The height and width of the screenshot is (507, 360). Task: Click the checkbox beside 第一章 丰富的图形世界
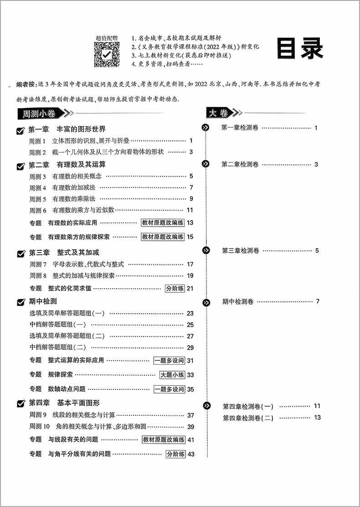pyautogui.click(x=21, y=131)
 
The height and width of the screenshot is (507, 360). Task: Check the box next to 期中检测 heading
pyautogui.click(x=21, y=302)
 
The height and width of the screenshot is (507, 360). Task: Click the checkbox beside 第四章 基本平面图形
pyautogui.click(x=21, y=404)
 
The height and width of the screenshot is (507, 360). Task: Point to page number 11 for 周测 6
pyautogui.click(x=190, y=210)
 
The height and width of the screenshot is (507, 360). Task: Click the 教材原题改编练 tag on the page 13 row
pyautogui.click(x=163, y=223)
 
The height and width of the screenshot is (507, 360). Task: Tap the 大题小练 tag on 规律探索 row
pyautogui.click(x=172, y=375)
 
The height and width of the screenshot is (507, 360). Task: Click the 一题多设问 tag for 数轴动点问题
pyautogui.click(x=169, y=389)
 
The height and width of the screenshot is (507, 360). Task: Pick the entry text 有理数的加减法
pyautogui.click(x=74, y=187)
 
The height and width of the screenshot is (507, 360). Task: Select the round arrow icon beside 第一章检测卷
pyautogui.click(x=206, y=128)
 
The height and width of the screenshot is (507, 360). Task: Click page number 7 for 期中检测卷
pyautogui.click(x=317, y=301)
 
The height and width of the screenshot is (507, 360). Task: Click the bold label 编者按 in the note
pyautogui.click(x=26, y=85)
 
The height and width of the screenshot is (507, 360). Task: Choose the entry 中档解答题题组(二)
pyautogui.click(x=61, y=347)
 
